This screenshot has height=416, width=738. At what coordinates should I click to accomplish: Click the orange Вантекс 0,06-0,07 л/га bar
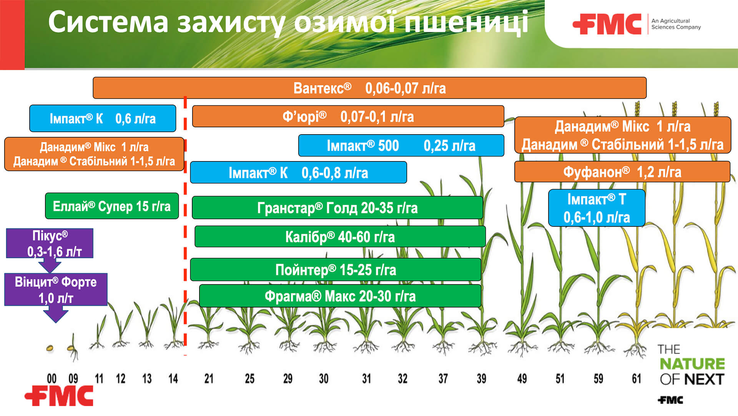369,88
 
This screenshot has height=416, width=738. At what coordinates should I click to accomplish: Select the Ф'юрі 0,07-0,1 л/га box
348,116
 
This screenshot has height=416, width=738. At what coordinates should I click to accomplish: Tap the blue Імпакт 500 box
401,146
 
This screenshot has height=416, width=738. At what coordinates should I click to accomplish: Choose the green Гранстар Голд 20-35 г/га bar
337,208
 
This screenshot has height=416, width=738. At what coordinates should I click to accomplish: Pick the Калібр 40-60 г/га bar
340,237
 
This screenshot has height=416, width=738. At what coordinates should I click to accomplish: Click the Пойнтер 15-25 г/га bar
335,270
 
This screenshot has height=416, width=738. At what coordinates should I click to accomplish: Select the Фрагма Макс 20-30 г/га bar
340,296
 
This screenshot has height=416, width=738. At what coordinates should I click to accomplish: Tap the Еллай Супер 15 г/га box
112,206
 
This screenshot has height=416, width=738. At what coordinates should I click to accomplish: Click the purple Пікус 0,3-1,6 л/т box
50,243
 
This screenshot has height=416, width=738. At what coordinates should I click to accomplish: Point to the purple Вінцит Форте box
56,290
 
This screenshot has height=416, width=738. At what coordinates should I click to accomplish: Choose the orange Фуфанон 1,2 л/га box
622,172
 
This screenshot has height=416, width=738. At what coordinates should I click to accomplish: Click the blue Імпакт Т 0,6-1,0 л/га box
596,208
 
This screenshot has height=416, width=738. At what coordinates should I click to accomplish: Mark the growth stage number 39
481,379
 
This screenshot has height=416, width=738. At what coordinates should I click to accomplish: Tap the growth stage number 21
209,379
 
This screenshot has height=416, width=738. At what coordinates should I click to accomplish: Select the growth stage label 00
52,379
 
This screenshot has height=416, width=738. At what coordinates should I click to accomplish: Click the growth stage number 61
637,379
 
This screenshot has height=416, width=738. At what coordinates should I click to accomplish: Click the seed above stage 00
50,348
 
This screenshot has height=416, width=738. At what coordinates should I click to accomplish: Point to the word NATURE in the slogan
692,364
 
